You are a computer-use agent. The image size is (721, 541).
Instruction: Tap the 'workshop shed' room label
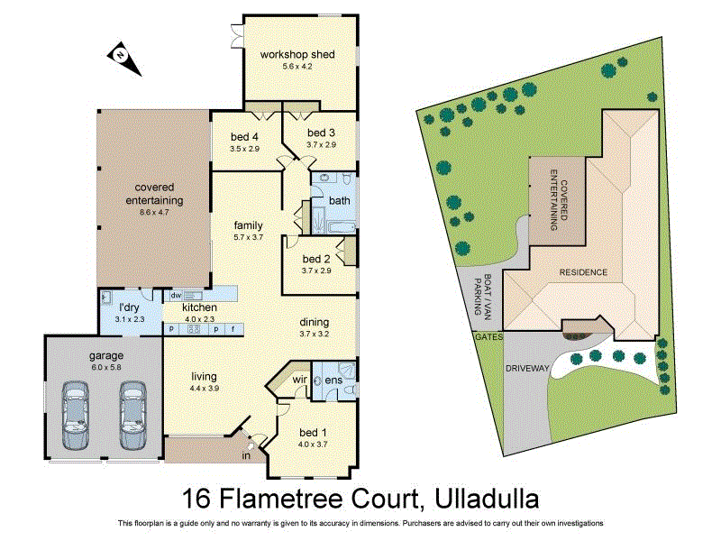pyautogui.click(x=297, y=55)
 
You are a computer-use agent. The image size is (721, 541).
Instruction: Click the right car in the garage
pyautogui.click(x=132, y=414)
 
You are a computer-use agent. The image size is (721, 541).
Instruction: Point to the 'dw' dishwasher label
pyautogui.click(x=177, y=295)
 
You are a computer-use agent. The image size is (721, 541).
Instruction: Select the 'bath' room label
pyautogui.click(x=339, y=200)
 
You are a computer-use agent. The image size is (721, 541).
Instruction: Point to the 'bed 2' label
pyautogui.click(x=318, y=258)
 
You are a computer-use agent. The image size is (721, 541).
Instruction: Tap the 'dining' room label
pyautogui.click(x=315, y=322)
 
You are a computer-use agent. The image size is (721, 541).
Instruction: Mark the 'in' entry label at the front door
pyautogui.click(x=245, y=456)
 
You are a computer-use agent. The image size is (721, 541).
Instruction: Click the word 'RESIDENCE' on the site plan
pyautogui.click(x=583, y=272)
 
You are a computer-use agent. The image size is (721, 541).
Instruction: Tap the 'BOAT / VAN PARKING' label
pyautogui.click(x=479, y=295)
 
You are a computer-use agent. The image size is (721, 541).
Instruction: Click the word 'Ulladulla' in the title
pyautogui.click(x=487, y=498)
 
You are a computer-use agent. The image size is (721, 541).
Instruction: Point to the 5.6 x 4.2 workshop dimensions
pyautogui.click(x=297, y=67)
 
